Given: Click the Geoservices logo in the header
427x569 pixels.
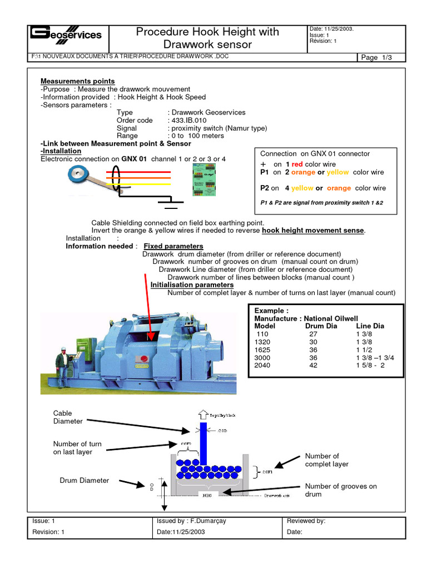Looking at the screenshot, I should pos(65,36).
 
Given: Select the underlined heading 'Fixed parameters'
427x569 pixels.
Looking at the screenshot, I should pos(173,246).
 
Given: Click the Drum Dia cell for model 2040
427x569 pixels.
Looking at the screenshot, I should pos(313,366).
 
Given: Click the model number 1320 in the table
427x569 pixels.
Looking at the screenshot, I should pos(262,342).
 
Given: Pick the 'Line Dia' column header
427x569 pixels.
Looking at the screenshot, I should pos(370,326).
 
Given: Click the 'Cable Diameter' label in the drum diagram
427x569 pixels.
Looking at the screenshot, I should pos(68,417).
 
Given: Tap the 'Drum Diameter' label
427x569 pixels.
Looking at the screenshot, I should pos(85,480).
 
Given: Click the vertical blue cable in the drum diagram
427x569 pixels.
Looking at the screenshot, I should pos(203,445).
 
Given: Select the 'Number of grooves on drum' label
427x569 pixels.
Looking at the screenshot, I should pos(340,490).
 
